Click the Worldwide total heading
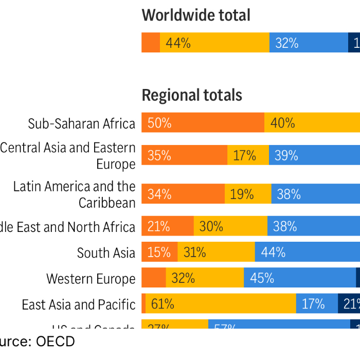196,15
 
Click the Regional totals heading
192,95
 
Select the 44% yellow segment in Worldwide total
214,43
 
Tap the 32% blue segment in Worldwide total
309,43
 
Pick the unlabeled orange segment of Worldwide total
151,43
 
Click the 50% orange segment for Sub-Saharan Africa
203,123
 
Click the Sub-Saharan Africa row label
82,123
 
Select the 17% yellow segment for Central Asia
248,155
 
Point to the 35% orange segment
184,155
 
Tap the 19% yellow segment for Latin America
248,194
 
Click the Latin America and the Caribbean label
75,194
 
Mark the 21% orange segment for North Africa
168,226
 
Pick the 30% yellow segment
230,226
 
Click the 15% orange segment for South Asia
159,252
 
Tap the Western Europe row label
91,279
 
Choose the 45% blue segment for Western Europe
299,278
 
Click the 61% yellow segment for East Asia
221,304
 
